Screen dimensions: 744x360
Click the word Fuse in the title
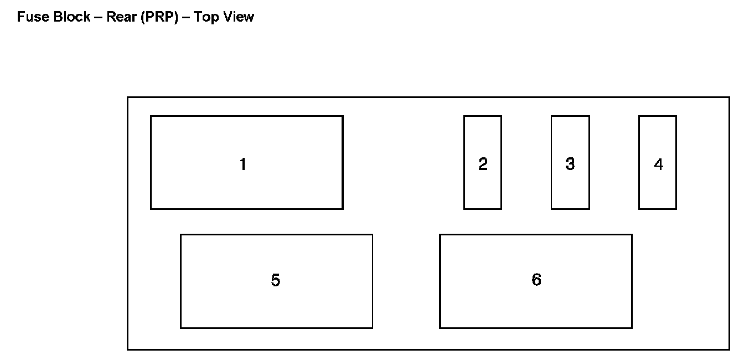pyautogui.click(x=30, y=17)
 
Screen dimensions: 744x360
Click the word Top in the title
pyautogui.click(x=206, y=17)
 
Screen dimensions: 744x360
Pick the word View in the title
pyautogui.click(x=239, y=17)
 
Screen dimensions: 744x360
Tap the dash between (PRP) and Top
pyautogui.click(x=186, y=18)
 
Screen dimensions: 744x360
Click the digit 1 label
pyautogui.click(x=242, y=164)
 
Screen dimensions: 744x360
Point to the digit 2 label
pyautogui.click(x=483, y=164)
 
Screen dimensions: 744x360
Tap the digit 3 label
pyautogui.click(x=570, y=164)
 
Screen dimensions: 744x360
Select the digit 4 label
pyautogui.click(x=658, y=164)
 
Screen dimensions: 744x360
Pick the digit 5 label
pyautogui.click(x=275, y=281)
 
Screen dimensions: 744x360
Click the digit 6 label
pyautogui.click(x=536, y=280)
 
